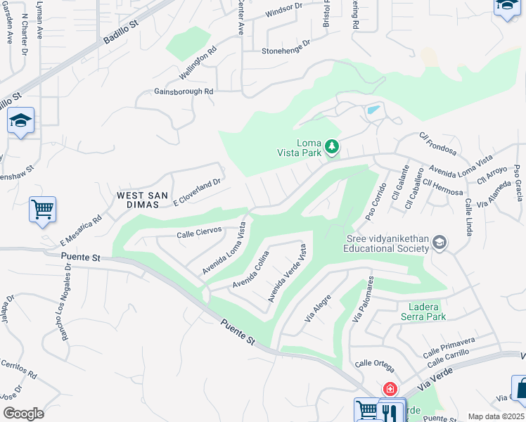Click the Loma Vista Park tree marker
[332, 147]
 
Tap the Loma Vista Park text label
[309, 147]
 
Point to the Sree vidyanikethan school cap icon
[440, 243]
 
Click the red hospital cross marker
[389, 389]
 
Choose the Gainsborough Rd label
[184, 91]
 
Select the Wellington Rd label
[198, 63]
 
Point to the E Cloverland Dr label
[197, 191]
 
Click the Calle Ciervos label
[200, 231]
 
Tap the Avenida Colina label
[251, 270]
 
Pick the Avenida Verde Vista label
[287, 273]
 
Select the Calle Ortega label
[375, 364]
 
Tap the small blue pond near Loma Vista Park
[373, 110]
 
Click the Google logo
[23, 413]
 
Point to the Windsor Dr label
[283, 11]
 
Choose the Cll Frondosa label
[437, 144]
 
